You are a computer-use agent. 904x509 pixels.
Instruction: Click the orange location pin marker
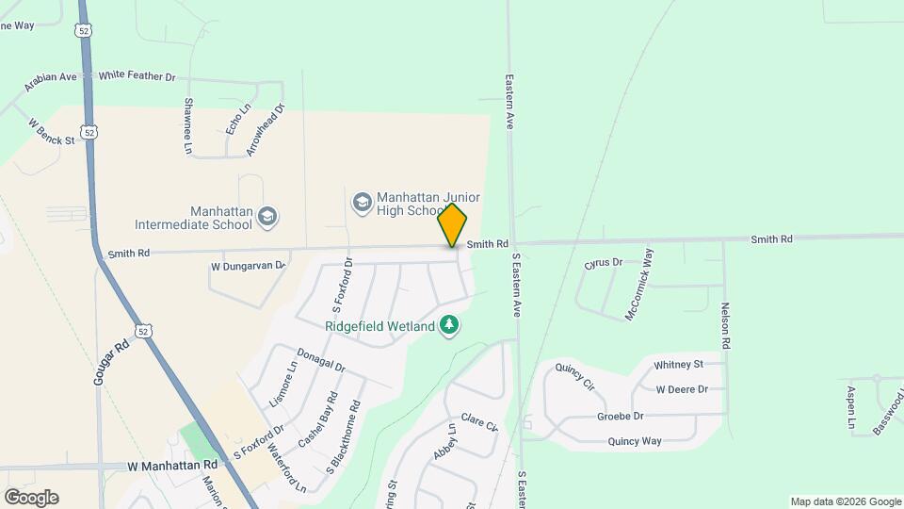[452, 224]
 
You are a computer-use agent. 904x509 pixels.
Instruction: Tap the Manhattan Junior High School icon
[362, 203]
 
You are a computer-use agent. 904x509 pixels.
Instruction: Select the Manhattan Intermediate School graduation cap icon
[267, 218]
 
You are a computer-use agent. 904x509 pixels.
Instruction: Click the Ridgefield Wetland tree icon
[450, 325]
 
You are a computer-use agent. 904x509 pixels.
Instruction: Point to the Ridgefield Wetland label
[379, 326]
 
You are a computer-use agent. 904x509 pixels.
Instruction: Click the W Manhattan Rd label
[172, 465]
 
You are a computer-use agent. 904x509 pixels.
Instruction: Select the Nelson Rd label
[726, 326]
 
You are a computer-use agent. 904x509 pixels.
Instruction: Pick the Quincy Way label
[635, 440]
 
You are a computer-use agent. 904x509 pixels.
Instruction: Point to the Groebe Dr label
[621, 416]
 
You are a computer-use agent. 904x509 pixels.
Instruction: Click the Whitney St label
[678, 364]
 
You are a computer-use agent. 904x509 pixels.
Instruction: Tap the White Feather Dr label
[137, 75]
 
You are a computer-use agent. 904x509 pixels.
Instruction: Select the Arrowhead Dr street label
[265, 130]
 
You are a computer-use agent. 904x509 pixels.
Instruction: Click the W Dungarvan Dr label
[248, 267]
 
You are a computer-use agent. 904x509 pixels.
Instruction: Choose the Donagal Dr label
[321, 359]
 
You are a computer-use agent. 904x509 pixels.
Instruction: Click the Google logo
[31, 498]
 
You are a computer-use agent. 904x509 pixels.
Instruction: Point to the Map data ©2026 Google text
[846, 501]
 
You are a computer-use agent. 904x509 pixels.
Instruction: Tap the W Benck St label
[52, 132]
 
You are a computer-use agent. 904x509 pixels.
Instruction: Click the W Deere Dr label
[682, 388]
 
